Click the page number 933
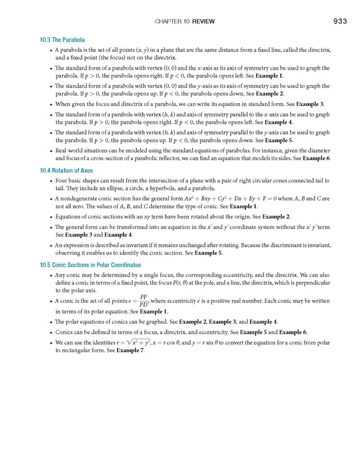pyautogui.click(x=339, y=22)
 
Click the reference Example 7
pyautogui.click(x=130, y=350)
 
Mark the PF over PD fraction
pyautogui.click(x=143, y=301)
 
